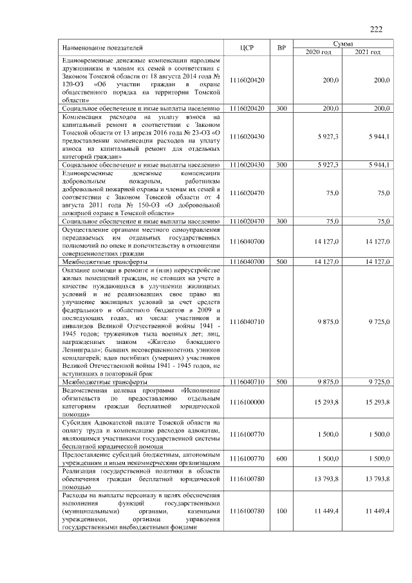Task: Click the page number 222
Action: pos(376,28)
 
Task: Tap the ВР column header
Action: pos(281,48)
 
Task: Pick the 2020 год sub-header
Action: pos(318,52)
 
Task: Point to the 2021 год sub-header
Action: pos(368,52)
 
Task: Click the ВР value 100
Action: pos(281,510)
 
